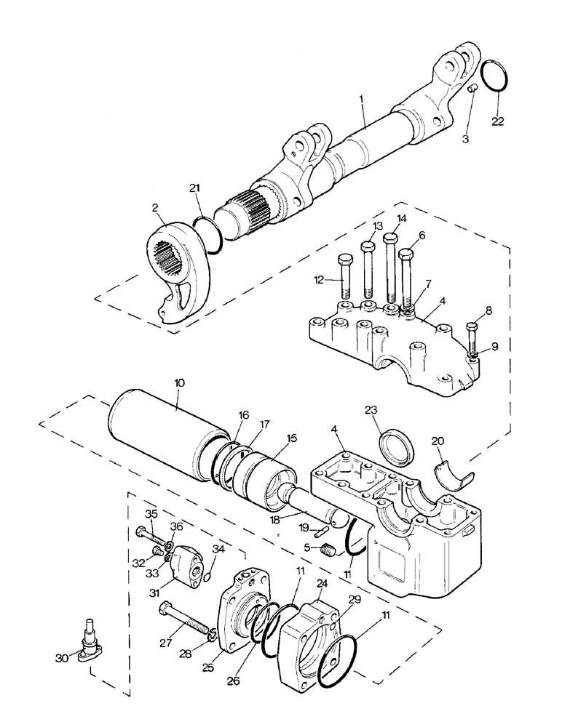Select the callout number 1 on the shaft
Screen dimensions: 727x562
click(x=362, y=108)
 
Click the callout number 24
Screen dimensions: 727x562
click(x=322, y=582)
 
